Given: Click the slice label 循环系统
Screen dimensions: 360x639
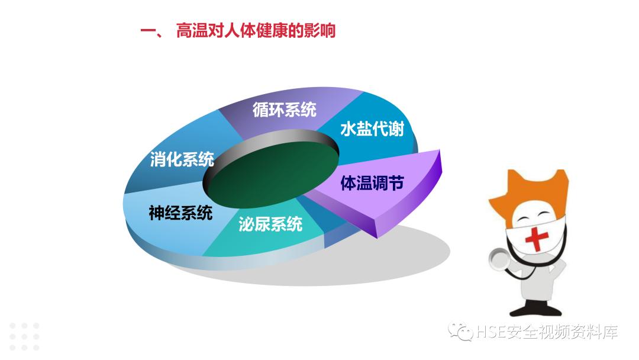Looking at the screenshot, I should (x=285, y=110).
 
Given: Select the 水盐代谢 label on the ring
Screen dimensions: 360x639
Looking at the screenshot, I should (x=372, y=129).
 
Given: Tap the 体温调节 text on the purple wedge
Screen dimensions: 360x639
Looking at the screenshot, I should (x=372, y=183).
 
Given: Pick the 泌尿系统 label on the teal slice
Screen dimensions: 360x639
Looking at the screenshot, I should (x=270, y=224).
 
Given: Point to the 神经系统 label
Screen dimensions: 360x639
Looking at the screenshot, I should (x=180, y=213).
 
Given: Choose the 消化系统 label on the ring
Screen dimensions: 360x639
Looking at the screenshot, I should (x=182, y=159).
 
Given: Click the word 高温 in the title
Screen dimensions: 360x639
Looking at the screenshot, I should (x=189, y=31).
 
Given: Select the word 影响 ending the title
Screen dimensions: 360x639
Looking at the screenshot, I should (x=322, y=31).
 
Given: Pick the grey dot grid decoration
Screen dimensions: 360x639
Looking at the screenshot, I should (x=24, y=336).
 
